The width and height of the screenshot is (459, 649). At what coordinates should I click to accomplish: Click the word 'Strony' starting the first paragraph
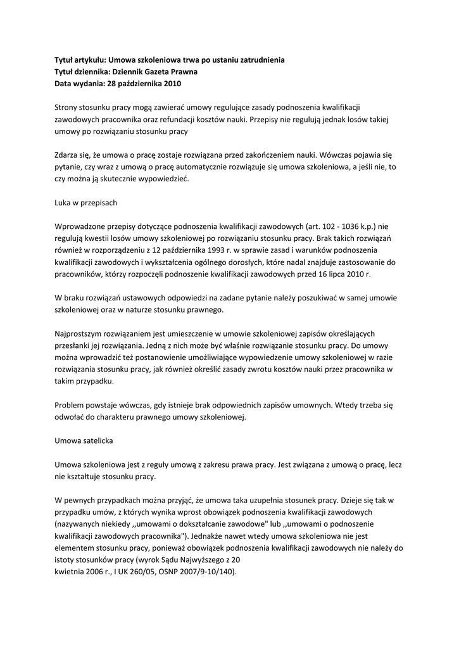tap(68, 108)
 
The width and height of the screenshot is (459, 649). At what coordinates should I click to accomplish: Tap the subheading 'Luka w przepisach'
tap(86, 203)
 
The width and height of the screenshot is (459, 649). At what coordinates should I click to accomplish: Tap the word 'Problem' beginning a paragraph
tap(70, 404)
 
